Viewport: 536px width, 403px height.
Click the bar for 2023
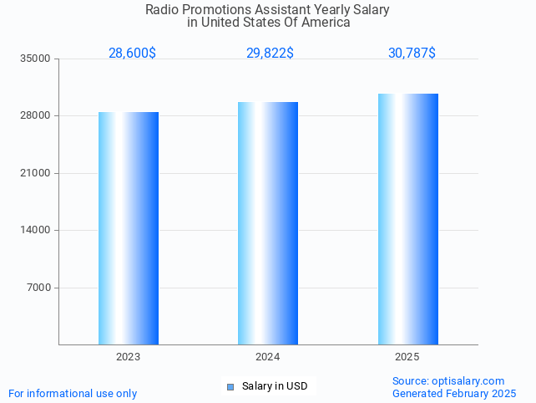[x=129, y=227]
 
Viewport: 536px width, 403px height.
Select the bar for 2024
[x=268, y=222]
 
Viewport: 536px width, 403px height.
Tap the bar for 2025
[x=407, y=218]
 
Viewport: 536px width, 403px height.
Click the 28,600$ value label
[x=132, y=54]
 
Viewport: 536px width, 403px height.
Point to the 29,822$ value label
[x=270, y=54]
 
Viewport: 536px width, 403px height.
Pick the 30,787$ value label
[x=412, y=54]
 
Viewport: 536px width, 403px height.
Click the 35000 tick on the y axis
[x=36, y=59]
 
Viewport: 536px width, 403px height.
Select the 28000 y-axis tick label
[x=36, y=116]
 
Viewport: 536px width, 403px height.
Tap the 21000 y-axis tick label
[x=36, y=174]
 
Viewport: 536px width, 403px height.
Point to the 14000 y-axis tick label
[x=36, y=231]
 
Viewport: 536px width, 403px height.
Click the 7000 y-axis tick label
[x=38, y=288]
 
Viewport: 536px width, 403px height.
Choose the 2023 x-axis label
[x=128, y=357]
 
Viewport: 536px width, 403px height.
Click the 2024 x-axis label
[x=268, y=357]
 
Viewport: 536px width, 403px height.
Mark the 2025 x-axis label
[x=407, y=357]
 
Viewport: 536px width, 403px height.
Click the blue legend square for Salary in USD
[x=230, y=386]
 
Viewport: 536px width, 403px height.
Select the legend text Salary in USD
[x=275, y=386]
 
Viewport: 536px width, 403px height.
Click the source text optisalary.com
[x=448, y=381]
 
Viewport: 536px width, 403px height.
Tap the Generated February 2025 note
[x=454, y=394]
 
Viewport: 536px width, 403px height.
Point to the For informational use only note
[x=73, y=394]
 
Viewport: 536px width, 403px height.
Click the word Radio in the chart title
[x=162, y=10]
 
